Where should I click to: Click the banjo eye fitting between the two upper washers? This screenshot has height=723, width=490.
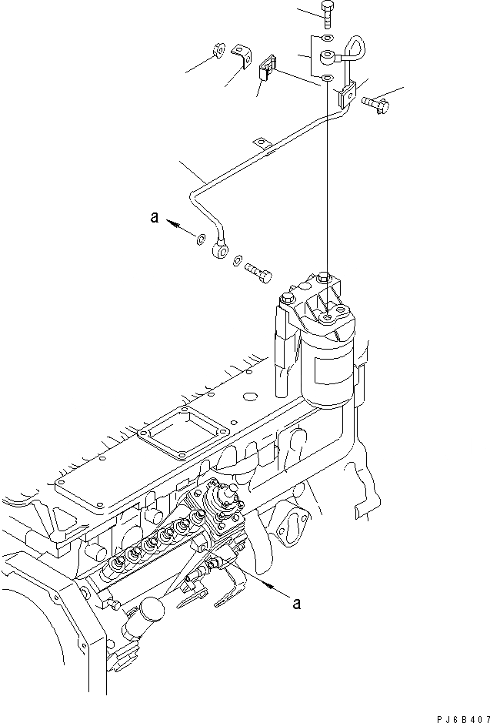point(328,56)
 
